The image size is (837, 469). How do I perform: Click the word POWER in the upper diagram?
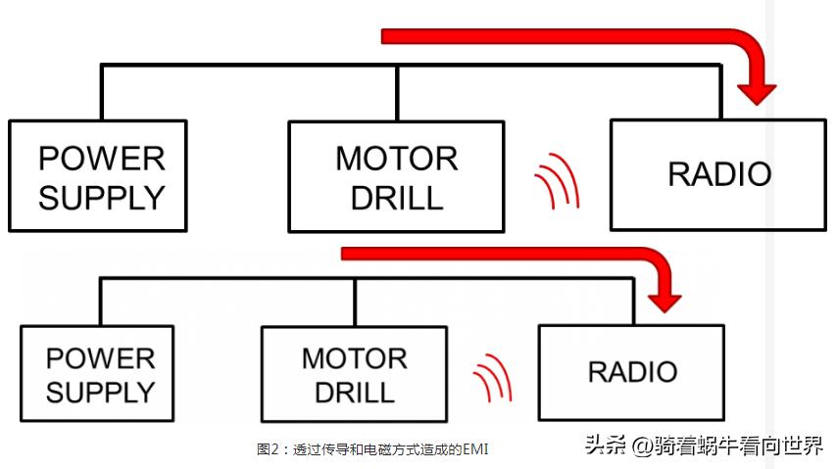pos(101,158)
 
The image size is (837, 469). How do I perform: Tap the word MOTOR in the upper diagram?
pos(396,158)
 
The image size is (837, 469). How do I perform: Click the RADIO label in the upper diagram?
pos(718,174)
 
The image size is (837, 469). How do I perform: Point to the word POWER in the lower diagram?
pos(100,358)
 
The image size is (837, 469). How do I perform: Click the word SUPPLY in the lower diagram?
pos(100,393)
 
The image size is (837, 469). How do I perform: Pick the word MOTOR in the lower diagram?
pos(354,358)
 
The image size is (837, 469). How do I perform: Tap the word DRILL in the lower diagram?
pos(354,393)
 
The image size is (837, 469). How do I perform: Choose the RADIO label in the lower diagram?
pos(632,372)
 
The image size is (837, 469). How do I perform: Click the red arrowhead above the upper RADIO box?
pos(757,92)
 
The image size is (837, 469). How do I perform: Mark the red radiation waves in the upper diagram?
pos(557,181)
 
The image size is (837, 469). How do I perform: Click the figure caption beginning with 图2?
pos(371,449)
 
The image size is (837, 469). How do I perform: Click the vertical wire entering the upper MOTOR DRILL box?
pos(396,94)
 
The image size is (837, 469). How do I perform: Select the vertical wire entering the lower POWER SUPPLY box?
pos(99,302)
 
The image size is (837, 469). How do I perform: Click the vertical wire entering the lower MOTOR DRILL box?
pos(354,302)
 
